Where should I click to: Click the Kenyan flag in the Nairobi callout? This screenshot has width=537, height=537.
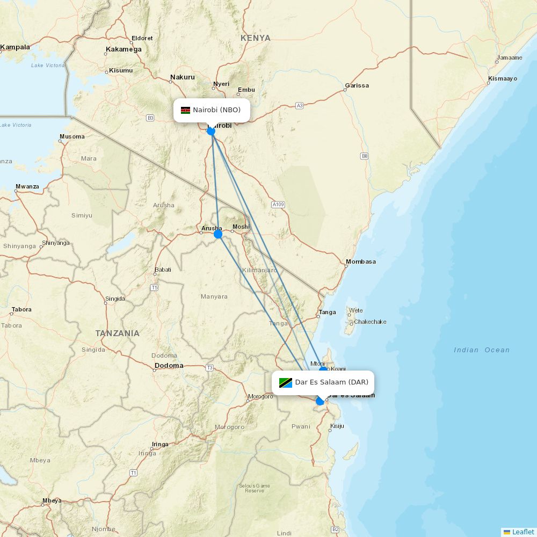coord(185,110)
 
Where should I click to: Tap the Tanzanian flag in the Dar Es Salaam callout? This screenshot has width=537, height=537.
coord(285,382)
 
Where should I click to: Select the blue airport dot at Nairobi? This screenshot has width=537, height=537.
coord(211,131)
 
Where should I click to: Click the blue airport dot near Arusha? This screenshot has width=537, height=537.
coord(217,234)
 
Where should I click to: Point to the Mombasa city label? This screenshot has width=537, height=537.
coord(361,262)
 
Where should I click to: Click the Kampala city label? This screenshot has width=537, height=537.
coord(15,47)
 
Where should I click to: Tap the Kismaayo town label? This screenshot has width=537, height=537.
coord(503,79)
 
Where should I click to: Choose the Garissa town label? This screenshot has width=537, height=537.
coord(357,85)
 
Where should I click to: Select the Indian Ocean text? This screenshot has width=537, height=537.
coord(482,350)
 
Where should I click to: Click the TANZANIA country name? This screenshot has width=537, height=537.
coord(118,333)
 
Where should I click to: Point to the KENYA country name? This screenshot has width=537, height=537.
coord(256,38)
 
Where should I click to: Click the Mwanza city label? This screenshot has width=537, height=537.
coord(27,187)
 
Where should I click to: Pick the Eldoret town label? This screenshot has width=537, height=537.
coord(142,38)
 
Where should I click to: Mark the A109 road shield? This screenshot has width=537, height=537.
coord(278,205)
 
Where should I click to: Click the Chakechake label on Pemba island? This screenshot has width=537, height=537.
coord(370,322)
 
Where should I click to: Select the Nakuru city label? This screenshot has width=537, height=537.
coord(183,77)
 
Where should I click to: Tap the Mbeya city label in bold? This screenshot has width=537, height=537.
coord(52,501)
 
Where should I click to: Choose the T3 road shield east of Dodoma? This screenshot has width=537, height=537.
coord(209,368)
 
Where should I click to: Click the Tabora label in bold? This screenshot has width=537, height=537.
coord(22,310)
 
